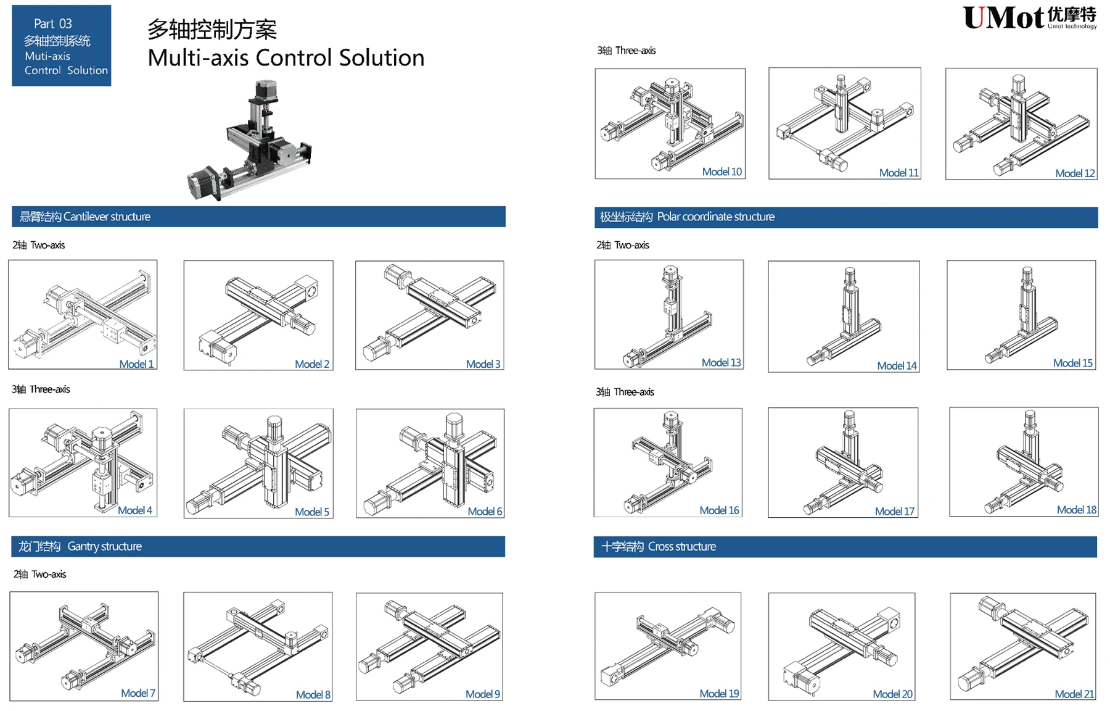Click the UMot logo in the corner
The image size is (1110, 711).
(x=1030, y=18)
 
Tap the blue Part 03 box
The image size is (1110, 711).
(x=62, y=46)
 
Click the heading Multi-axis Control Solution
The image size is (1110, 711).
(x=286, y=57)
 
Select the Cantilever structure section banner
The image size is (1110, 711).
(x=258, y=217)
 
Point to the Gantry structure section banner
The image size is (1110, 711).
(x=258, y=546)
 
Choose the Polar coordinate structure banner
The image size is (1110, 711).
(x=846, y=217)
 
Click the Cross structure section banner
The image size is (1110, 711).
(x=845, y=547)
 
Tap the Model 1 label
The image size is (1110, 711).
(x=136, y=364)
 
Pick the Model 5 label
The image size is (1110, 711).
(x=312, y=512)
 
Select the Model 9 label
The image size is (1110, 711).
(x=483, y=694)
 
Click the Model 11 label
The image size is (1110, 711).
(x=899, y=173)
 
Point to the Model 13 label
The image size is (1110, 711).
(x=721, y=363)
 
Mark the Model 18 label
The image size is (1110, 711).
(x=1077, y=510)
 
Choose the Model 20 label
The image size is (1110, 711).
(x=893, y=694)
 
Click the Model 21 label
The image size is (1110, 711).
(x=1074, y=694)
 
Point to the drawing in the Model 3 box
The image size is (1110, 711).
(x=430, y=312)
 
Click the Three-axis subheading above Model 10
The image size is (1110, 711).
(x=627, y=51)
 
